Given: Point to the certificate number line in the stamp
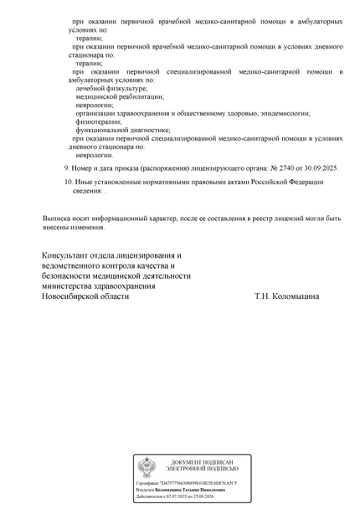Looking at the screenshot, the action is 187,484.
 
